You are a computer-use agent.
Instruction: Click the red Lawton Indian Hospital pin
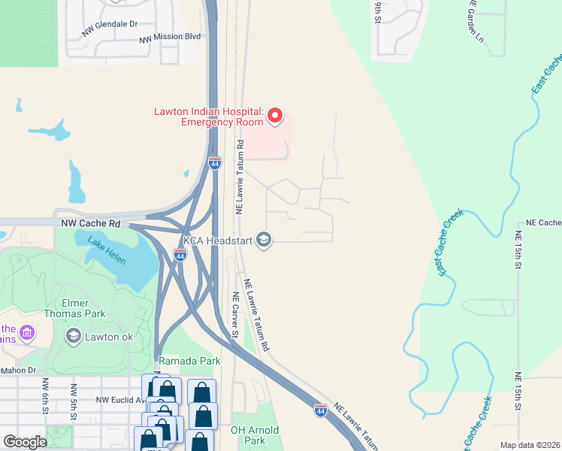point(275,116)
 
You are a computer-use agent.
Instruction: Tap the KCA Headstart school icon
point(263,240)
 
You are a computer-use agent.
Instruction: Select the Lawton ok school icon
point(74,336)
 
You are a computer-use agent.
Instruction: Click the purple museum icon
point(27,331)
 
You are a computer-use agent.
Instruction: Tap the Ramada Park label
point(190,361)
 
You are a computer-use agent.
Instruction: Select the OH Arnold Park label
point(255,435)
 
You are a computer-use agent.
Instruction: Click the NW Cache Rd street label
point(91,224)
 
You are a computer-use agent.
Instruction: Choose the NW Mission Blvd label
point(170,36)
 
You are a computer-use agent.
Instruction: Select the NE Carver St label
point(234,316)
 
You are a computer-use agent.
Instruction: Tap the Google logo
point(25,442)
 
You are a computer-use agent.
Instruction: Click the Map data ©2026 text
point(530,445)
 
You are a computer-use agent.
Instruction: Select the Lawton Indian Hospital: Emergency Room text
point(208,117)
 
